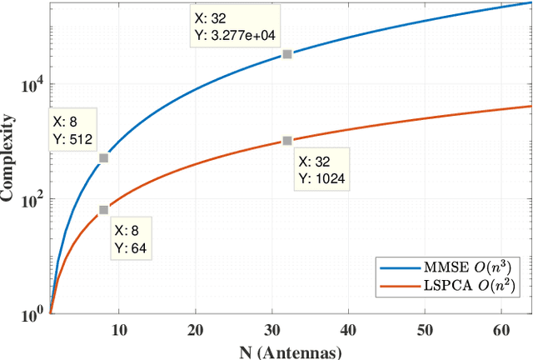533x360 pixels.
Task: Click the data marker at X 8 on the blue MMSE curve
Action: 103,157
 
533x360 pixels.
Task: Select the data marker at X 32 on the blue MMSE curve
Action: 286,54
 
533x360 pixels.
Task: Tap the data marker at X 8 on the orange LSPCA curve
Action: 103,210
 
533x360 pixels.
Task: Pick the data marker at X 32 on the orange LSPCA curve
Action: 286,141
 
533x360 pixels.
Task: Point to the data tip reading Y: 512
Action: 73,129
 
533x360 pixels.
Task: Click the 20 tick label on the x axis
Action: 196,330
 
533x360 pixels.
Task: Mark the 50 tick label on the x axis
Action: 425,330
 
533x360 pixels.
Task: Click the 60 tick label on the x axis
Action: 501,330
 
